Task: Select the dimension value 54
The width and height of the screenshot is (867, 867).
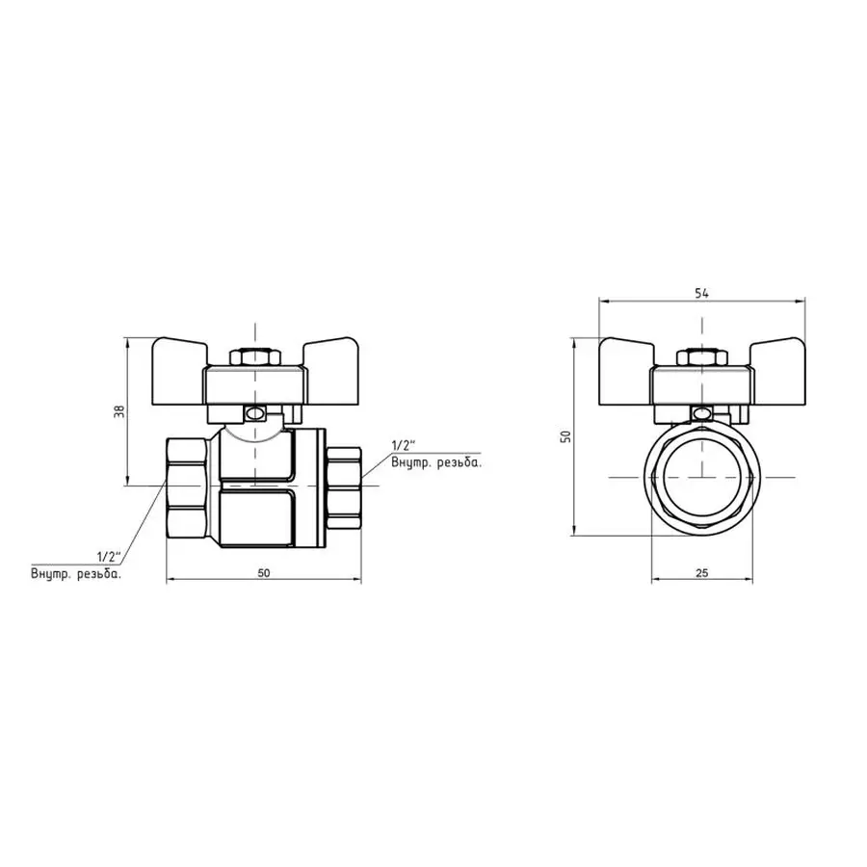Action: click(701, 294)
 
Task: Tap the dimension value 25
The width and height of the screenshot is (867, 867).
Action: click(701, 573)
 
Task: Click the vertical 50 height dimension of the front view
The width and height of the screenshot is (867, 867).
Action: click(567, 435)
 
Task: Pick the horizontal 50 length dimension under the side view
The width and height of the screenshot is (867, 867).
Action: click(264, 573)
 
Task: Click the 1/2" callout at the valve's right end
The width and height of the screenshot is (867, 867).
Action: click(403, 446)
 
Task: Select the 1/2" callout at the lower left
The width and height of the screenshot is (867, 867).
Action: click(107, 557)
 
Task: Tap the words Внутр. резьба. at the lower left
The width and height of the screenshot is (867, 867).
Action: click(76, 574)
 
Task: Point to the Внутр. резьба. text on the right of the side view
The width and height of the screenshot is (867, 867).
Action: click(436, 463)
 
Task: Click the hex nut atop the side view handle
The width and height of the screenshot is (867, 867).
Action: click(255, 358)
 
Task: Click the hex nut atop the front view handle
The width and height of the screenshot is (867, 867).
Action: click(701, 358)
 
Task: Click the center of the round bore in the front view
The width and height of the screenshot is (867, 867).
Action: click(701, 477)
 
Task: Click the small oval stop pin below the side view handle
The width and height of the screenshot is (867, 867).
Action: click(256, 415)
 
